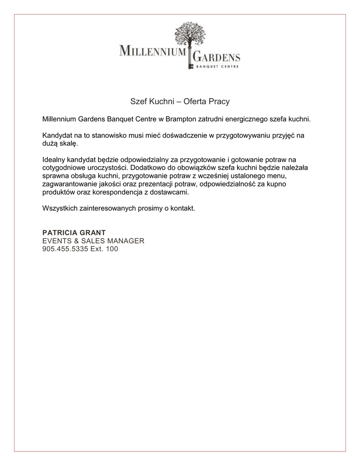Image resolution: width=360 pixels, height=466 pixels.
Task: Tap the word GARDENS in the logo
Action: (x=217, y=58)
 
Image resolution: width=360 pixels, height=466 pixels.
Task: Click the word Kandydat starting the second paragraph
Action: (x=57, y=135)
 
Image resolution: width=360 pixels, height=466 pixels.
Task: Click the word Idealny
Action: (x=54, y=159)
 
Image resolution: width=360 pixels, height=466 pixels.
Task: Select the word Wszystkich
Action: (x=59, y=208)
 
